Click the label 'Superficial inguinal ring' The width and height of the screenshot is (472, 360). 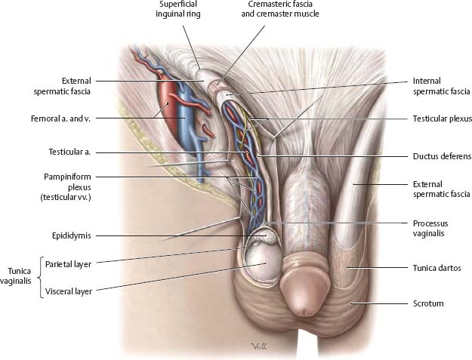(180, 9)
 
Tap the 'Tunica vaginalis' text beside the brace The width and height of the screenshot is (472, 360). (16, 275)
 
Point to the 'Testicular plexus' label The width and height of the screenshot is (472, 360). (441, 118)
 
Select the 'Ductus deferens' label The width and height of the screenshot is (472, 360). (442, 157)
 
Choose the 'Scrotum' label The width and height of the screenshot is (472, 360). (428, 303)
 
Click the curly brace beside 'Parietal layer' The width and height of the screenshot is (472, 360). (39, 275)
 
